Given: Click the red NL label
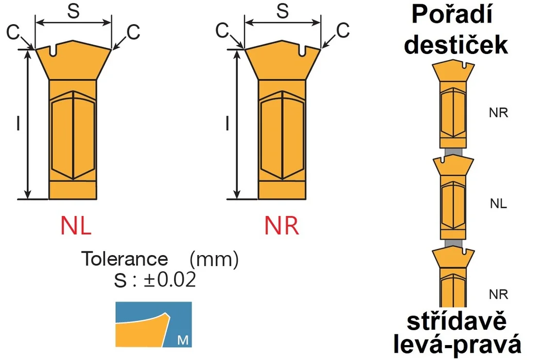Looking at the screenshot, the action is pos(76,225).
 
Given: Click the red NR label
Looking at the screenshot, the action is pos(282,225).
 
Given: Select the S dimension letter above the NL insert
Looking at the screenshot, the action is pos(74,11).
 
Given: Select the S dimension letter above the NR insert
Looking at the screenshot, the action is pos(283,11).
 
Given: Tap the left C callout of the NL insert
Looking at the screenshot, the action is pos(13,32).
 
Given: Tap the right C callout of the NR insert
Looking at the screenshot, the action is pos(343,31).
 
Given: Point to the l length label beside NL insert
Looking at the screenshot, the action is pos(18,123).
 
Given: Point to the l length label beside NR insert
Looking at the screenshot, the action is pos(227,123).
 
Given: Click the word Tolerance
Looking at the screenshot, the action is pos(125,259).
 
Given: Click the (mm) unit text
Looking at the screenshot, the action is pos(214,259).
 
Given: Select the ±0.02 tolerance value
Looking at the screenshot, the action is pos(170,280).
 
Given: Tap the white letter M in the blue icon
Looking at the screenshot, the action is pos(183,340).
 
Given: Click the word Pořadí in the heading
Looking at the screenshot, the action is pos(452,15).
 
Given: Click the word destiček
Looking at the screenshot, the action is pos(456,45).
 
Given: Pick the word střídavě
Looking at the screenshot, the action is pos(457,321).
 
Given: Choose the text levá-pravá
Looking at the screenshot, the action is pos(458,345).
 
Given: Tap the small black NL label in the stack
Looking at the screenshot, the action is pos(498,204).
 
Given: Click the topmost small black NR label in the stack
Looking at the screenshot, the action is pos(498,113).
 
